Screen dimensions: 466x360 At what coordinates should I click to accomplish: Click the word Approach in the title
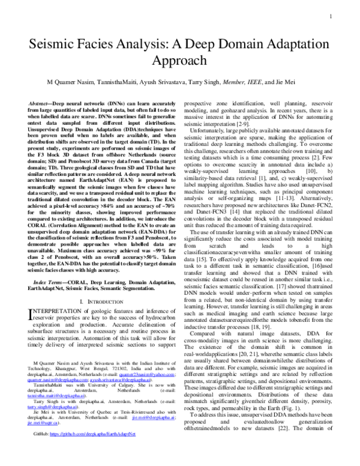(x=179, y=64)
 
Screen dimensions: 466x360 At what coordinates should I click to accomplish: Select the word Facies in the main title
(x=107, y=46)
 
